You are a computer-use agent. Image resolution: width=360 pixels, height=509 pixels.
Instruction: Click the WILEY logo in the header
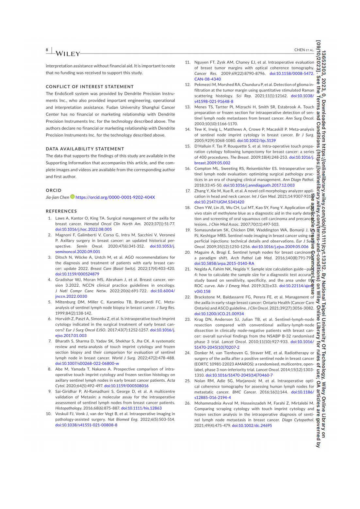tap(68, 54)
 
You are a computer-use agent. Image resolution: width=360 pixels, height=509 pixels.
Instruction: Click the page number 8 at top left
tap(47, 50)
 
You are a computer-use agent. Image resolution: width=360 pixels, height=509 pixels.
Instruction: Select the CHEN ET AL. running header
tap(304, 50)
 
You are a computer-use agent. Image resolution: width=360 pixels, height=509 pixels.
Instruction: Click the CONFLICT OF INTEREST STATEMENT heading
tap(90, 87)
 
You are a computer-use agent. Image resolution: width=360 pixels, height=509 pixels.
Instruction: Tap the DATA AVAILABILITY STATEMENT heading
tap(85, 149)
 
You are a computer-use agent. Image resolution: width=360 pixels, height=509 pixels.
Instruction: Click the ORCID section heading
tap(54, 190)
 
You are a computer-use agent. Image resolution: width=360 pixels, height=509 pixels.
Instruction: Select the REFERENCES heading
tap(61, 211)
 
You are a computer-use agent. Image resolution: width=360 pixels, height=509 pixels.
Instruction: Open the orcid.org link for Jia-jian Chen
tap(115, 197)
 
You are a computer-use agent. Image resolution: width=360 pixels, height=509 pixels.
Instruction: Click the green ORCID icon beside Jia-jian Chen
tap(73, 197)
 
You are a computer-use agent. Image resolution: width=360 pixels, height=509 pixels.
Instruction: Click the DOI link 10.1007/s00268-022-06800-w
tap(87, 363)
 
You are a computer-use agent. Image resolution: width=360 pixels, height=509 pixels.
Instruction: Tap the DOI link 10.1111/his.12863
tap(141, 408)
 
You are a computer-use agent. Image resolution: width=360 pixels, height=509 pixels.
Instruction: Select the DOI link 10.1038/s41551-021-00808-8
tap(86, 425)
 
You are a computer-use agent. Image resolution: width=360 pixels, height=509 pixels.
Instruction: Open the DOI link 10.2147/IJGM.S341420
tap(219, 202)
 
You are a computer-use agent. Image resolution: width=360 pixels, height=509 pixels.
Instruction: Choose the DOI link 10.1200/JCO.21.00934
tap(219, 314)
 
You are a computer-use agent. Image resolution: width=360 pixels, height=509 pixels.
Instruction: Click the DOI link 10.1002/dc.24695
tap(252, 425)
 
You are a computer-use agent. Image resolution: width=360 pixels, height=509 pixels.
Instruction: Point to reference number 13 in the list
tap(188, 107)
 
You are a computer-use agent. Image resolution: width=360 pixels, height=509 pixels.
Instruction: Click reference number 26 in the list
tap(188, 403)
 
